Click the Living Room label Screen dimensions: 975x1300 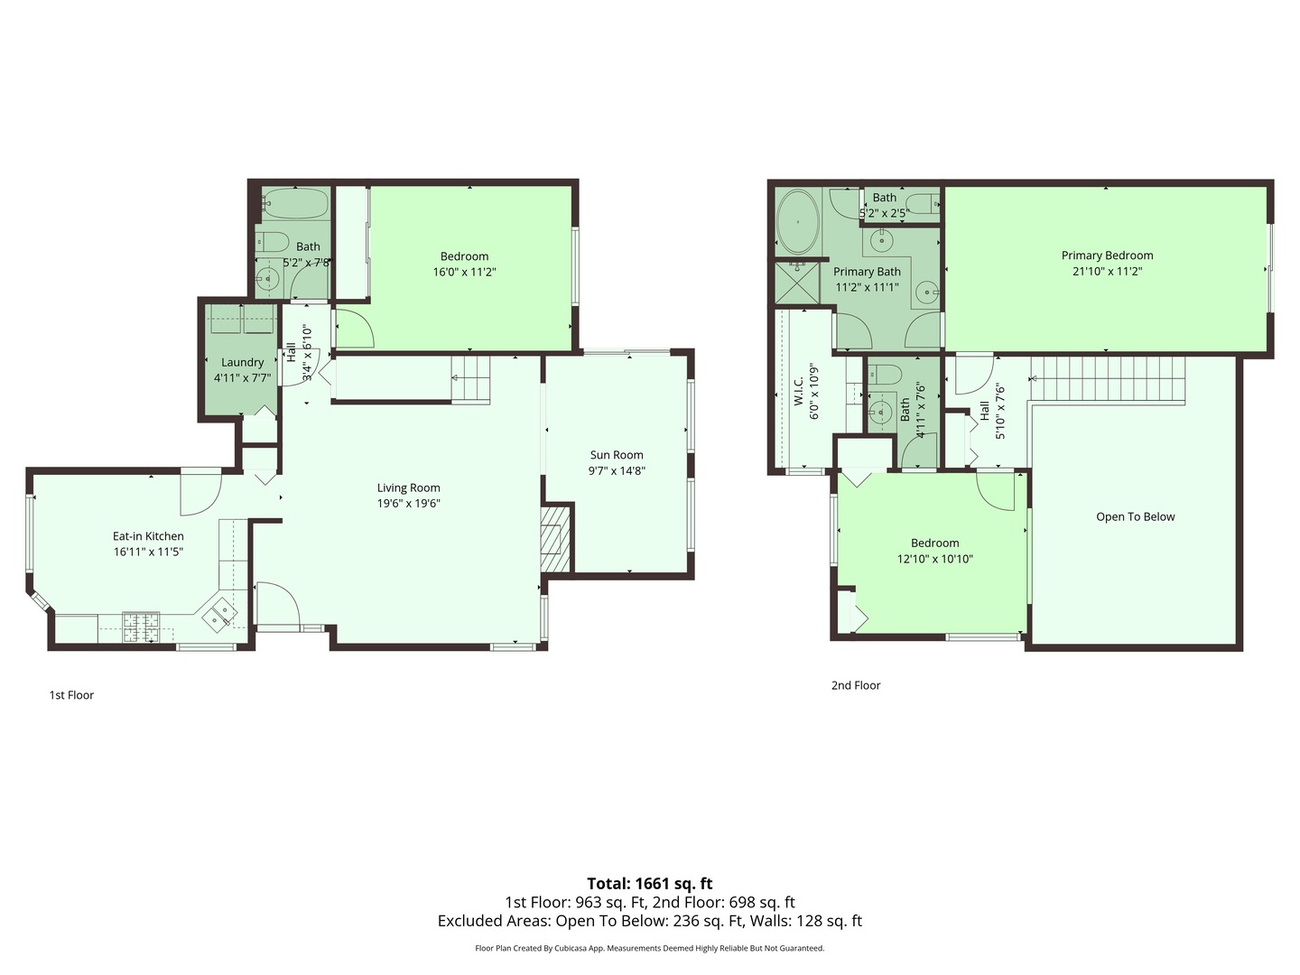point(408,487)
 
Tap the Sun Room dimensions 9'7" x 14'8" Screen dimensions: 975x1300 point(617,470)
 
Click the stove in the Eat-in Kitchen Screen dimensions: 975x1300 point(141,627)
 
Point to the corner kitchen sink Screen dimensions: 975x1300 point(219,615)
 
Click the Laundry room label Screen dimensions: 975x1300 point(242,362)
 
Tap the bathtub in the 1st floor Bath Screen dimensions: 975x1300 point(294,204)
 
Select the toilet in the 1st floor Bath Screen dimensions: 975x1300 point(270,242)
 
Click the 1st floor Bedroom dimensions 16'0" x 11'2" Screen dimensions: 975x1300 point(464,272)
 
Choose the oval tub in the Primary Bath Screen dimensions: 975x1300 point(797,222)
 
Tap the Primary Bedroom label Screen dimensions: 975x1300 point(1107,255)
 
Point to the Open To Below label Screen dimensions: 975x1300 point(1135,516)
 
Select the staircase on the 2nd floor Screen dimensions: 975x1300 point(1109,378)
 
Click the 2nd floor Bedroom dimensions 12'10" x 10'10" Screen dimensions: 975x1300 point(934,559)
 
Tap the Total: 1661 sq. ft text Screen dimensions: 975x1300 point(649,883)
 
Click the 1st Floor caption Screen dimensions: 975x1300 point(71,695)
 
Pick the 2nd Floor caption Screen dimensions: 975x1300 point(855,685)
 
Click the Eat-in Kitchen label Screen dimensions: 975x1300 point(148,536)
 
